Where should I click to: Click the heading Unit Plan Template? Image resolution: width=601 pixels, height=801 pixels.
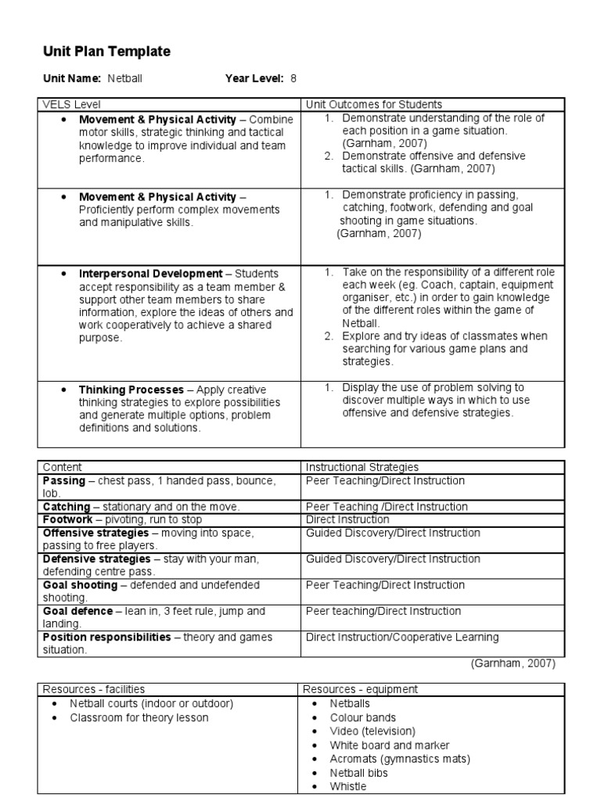106,52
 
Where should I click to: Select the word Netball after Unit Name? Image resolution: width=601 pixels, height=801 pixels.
125,79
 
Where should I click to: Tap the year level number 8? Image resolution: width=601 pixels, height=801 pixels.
293,79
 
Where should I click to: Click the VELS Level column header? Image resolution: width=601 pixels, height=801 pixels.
72,104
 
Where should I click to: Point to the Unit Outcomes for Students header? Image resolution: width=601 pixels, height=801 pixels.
374,104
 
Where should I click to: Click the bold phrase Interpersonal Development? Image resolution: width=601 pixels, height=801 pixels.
150,274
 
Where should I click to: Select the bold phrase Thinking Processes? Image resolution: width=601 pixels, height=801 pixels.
131,390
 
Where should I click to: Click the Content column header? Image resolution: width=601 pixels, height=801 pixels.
62,467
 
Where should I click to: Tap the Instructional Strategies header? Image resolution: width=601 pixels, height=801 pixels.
362,467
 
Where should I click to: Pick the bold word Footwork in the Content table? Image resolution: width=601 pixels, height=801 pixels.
67,519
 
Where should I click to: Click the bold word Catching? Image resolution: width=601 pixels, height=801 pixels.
66,507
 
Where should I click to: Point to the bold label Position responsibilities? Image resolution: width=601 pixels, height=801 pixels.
106,638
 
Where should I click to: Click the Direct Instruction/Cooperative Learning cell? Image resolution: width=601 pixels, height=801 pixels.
402,638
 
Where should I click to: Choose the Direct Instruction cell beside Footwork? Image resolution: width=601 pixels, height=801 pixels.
347,519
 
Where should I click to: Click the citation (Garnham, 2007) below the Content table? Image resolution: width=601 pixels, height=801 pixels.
513,663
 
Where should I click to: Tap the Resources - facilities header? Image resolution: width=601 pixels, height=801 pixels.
92,689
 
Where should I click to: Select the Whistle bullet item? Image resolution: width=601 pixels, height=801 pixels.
347,787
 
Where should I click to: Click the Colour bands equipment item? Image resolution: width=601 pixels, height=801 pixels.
363,717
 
